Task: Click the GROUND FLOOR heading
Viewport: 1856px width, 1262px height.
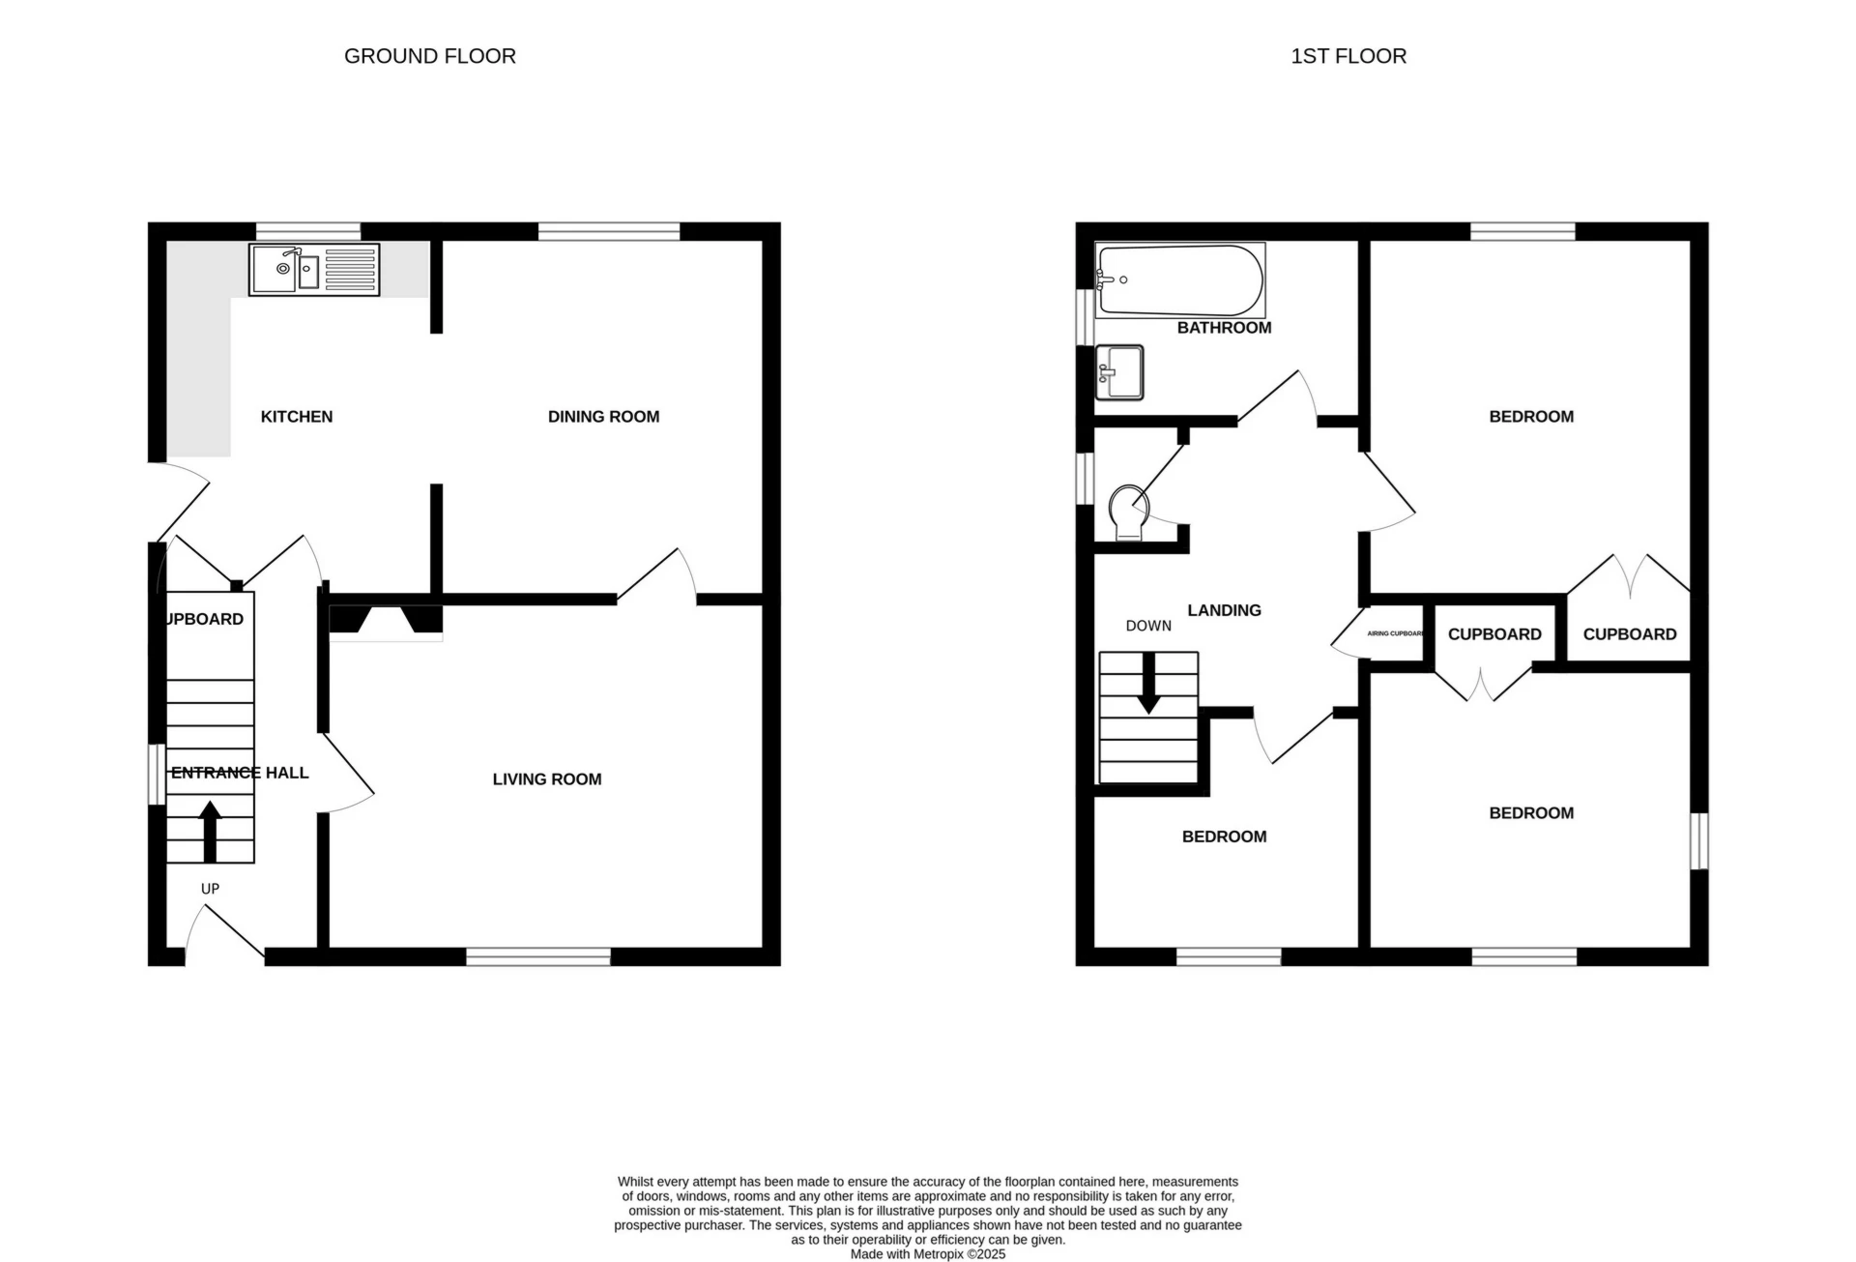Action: pos(429,56)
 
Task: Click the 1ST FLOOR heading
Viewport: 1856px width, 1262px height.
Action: pos(1348,56)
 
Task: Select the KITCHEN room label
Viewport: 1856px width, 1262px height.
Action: pos(296,417)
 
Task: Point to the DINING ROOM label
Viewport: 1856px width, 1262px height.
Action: pos(603,417)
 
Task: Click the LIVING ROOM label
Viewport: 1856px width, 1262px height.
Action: pos(546,779)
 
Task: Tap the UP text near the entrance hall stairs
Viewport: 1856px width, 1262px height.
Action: pos(210,889)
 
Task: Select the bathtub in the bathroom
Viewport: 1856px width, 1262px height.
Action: pos(1179,280)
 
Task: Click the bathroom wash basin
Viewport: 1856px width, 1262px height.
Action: pos(1119,372)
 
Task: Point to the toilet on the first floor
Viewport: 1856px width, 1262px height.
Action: pos(1127,513)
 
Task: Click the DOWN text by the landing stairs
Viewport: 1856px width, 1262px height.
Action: pos(1148,626)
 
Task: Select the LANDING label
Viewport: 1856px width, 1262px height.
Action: pos(1224,610)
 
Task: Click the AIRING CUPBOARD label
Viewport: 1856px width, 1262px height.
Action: pos(1395,633)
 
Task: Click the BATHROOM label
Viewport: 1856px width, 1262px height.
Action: pos(1224,328)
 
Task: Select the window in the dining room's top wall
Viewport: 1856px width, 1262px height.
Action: pos(608,231)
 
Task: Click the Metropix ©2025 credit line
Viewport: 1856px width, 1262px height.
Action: pos(927,1254)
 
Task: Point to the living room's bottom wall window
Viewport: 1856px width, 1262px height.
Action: pos(537,956)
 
